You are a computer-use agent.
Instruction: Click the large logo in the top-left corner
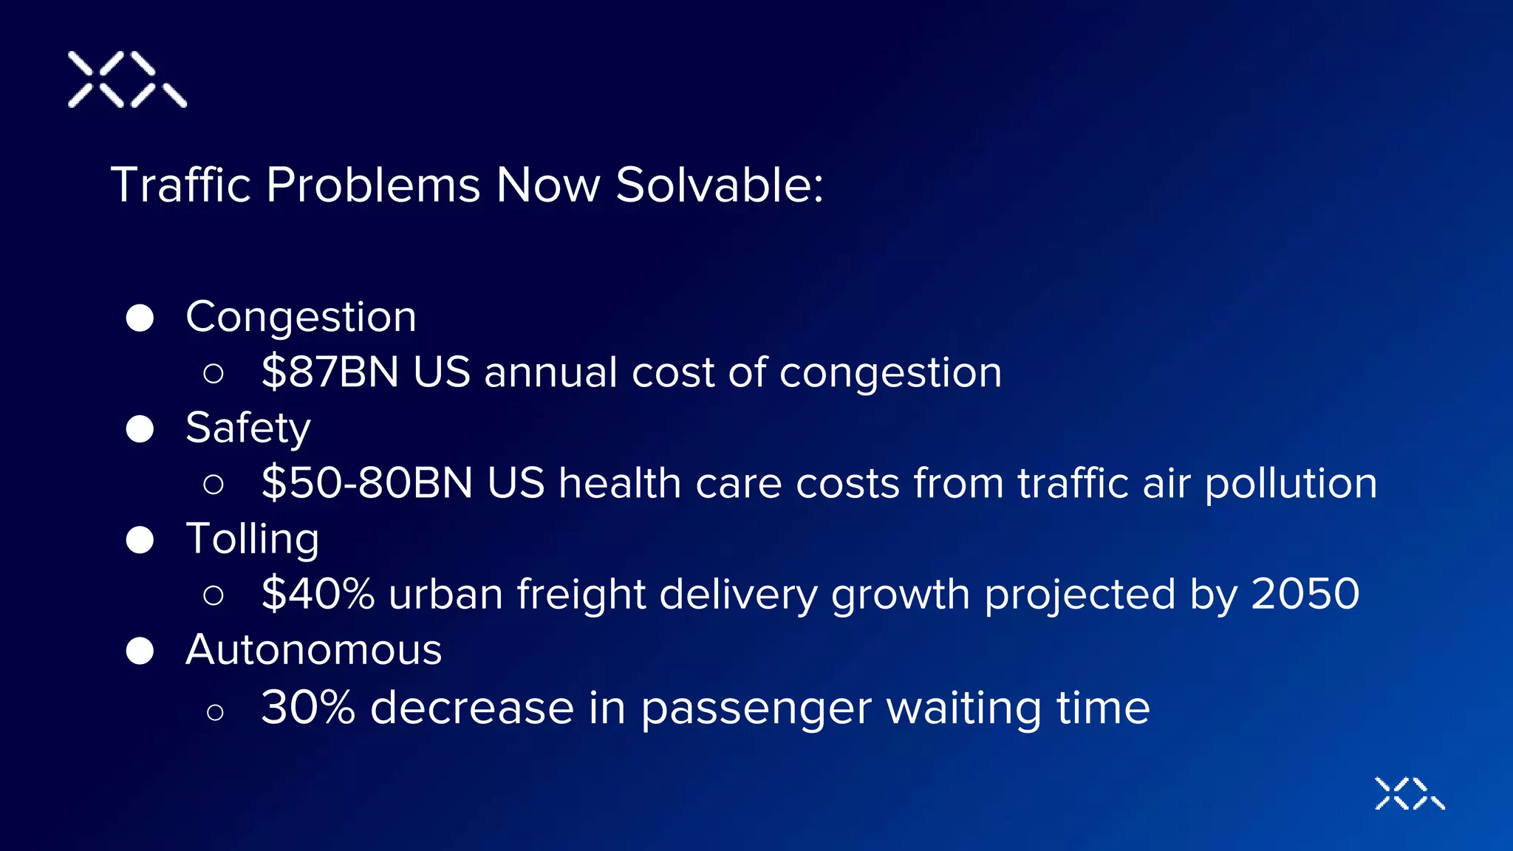127,80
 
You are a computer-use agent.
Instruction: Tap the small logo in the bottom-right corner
1409,793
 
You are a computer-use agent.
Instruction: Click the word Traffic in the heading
181,185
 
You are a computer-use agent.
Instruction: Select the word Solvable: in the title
719,185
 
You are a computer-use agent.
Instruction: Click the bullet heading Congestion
301,318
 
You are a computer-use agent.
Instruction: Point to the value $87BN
330,372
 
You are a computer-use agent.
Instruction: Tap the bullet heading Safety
248,428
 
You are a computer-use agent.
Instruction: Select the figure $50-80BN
367,484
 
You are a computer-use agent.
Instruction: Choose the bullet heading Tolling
253,539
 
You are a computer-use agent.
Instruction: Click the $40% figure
318,595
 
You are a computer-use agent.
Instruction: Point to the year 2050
1305,595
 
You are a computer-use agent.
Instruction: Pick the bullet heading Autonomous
313,651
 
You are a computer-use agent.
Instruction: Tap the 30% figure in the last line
308,708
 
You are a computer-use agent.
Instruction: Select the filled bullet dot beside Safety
140,429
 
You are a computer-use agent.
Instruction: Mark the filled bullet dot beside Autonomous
140,652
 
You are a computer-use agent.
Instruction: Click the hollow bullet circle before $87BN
214,374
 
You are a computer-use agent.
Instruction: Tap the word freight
581,595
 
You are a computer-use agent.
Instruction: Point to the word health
619,484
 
